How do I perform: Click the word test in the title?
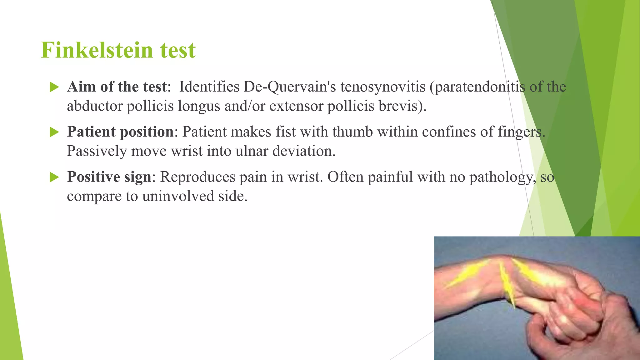178,50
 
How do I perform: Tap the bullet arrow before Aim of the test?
54,87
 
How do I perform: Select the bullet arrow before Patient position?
54,132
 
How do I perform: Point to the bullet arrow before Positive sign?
54,177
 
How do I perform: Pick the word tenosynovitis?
383,87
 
